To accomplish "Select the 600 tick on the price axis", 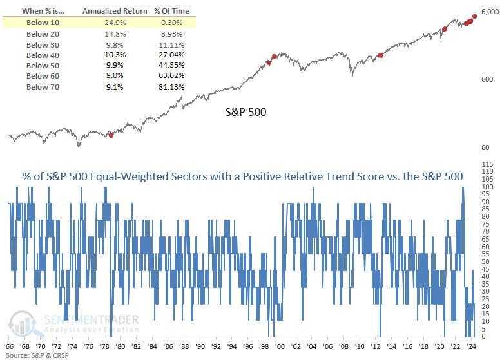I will pyautogui.click(x=487, y=79).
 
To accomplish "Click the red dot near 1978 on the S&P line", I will pyautogui.click(x=111, y=135).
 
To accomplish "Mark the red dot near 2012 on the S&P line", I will pyautogui.click(x=380, y=55).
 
